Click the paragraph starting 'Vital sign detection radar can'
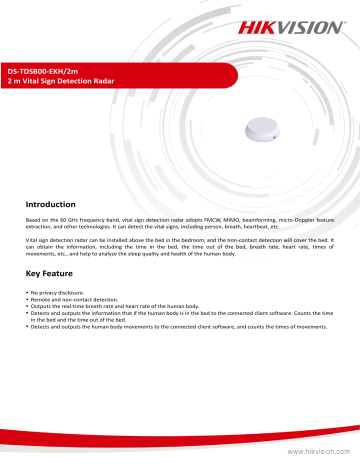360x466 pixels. (180, 250)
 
